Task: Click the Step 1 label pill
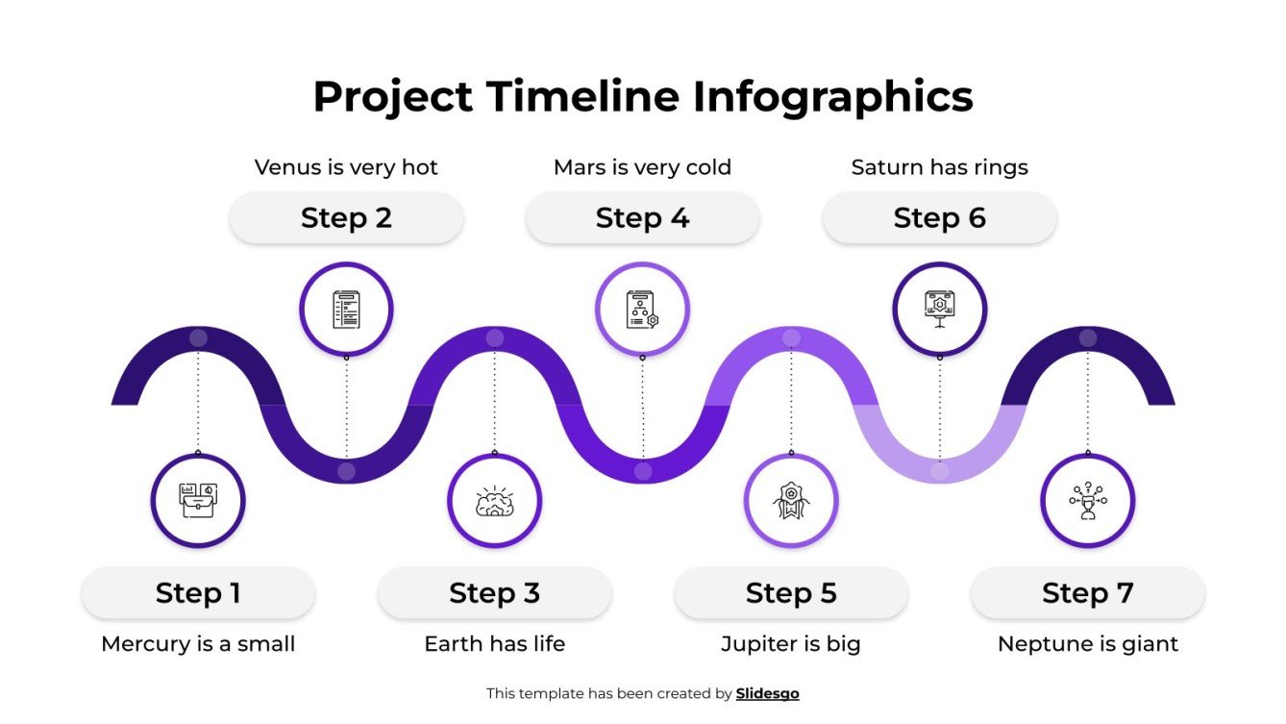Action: click(x=198, y=593)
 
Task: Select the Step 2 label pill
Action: click(x=346, y=218)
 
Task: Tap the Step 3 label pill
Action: click(x=494, y=593)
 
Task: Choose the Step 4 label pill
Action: click(x=642, y=218)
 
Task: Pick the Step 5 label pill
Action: click(x=791, y=593)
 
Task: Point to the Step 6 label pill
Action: click(x=939, y=218)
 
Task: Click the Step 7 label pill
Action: click(x=1087, y=593)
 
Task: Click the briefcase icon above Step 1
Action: click(x=198, y=501)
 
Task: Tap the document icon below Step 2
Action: click(x=346, y=310)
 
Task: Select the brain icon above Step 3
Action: click(x=494, y=501)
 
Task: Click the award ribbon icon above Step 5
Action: click(x=791, y=501)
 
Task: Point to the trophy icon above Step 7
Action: click(x=1087, y=501)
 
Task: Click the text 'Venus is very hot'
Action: click(x=346, y=167)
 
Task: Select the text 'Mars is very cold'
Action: click(x=642, y=167)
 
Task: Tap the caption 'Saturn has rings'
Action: click(x=939, y=167)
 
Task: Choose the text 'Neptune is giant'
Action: click(x=1087, y=644)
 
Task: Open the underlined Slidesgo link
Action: click(x=767, y=693)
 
